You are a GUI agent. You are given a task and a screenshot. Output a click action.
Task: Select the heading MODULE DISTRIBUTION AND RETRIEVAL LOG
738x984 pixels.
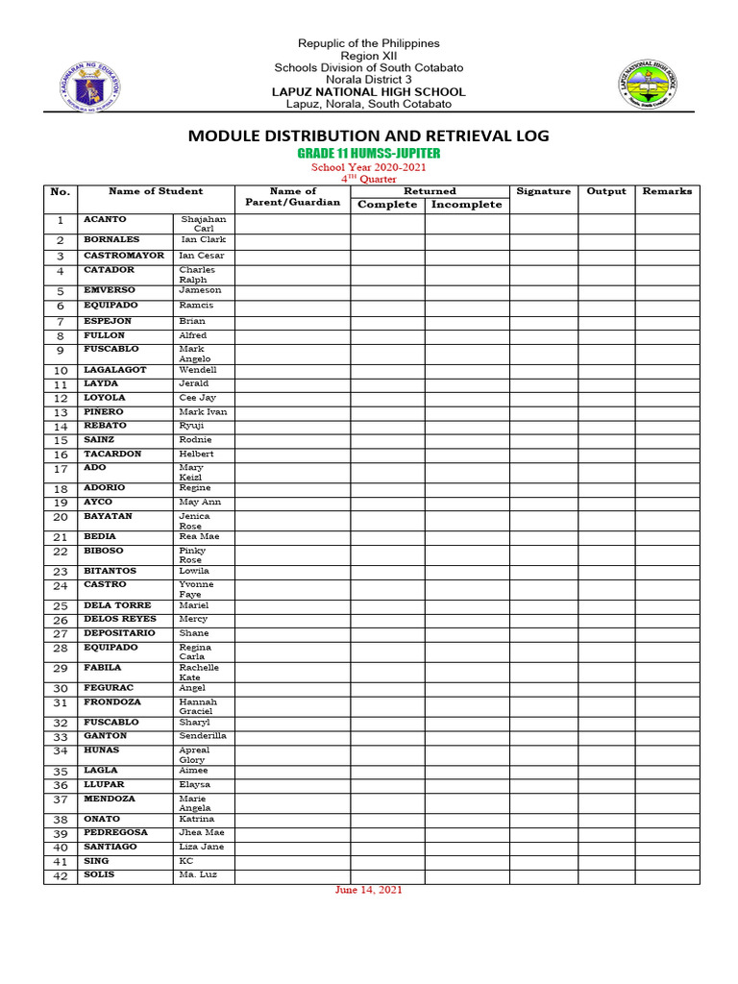(369, 135)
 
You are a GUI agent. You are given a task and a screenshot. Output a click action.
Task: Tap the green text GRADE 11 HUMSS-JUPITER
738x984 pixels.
(369, 154)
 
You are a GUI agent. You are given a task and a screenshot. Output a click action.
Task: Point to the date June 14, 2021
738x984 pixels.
(369, 890)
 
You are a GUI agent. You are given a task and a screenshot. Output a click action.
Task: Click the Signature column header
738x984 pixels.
(543, 191)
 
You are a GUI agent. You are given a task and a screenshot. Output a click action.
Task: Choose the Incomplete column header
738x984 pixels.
(466, 205)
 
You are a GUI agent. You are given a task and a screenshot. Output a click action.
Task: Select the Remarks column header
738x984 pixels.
(667, 191)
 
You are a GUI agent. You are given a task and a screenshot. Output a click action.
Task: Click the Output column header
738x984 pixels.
(606, 191)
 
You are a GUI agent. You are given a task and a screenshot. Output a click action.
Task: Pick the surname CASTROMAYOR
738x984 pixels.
(124, 256)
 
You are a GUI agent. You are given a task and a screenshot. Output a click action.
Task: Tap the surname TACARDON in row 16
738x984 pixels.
(112, 454)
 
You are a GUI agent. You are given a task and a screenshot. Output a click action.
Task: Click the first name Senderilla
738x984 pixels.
(203, 735)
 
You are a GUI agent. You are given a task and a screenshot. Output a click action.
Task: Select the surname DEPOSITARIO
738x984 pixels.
(119, 633)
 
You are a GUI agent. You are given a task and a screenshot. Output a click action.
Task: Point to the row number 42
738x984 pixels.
(61, 876)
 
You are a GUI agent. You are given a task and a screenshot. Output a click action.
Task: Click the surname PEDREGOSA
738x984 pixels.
(115, 832)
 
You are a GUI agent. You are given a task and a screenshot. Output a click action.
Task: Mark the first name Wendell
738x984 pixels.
(198, 369)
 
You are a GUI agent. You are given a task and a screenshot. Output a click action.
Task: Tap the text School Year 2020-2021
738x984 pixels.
(369, 167)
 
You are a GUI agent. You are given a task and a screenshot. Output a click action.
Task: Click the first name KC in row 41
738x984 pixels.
(186, 861)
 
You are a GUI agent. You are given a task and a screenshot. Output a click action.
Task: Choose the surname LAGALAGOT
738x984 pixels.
(115, 369)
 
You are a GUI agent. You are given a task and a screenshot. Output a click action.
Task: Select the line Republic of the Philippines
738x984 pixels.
(369, 43)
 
